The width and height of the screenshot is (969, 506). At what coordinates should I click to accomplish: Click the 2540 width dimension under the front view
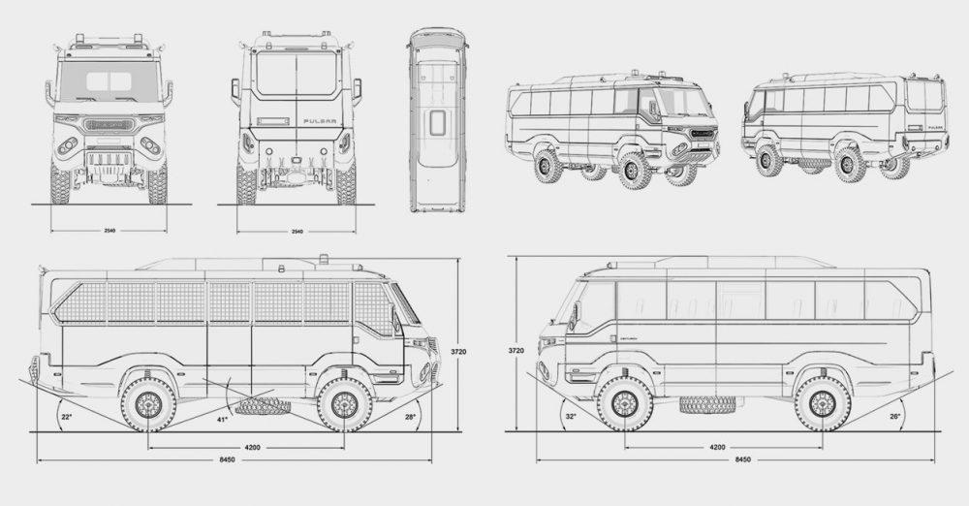coord(109,232)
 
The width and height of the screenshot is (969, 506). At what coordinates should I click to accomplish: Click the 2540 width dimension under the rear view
coord(297,232)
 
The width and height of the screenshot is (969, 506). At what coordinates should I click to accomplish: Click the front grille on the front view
coord(109,124)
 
